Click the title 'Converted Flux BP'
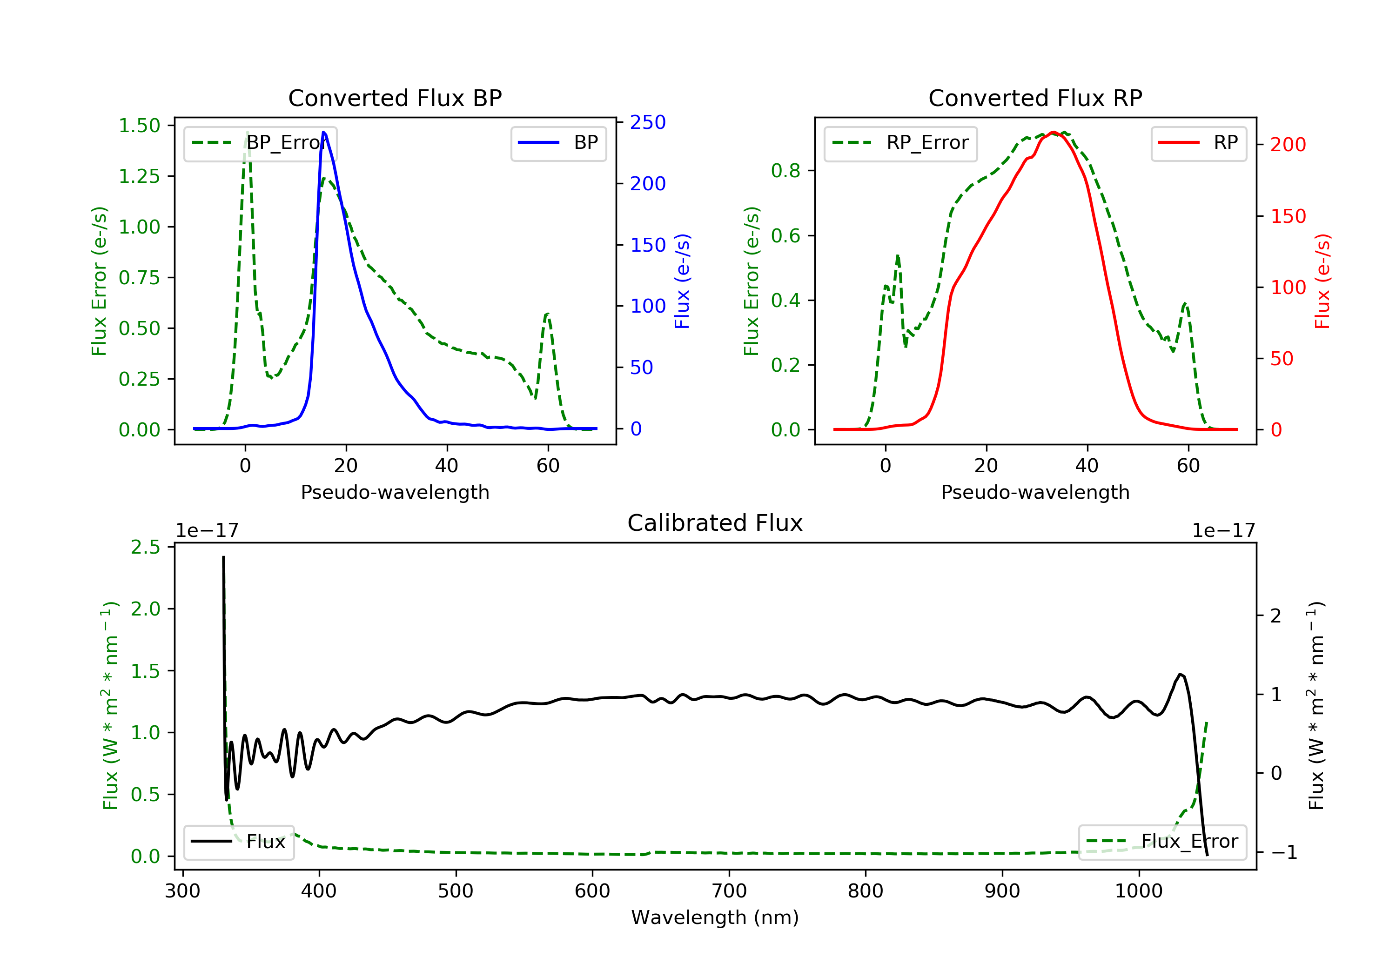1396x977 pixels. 395,98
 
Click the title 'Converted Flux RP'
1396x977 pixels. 1035,98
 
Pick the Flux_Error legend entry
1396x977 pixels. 1162,842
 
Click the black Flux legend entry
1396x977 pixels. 239,842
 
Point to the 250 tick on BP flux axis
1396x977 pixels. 648,122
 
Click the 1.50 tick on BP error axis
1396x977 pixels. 139,126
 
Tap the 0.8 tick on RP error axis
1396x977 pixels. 785,171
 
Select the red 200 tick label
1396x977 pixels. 1288,145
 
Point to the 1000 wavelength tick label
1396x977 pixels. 1138,891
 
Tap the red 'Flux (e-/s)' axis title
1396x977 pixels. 1322,281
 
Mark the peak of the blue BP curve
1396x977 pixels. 323,132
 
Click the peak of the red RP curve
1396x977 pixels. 1053,132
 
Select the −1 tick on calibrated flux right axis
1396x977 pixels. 1283,852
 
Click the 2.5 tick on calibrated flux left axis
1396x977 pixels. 145,547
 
